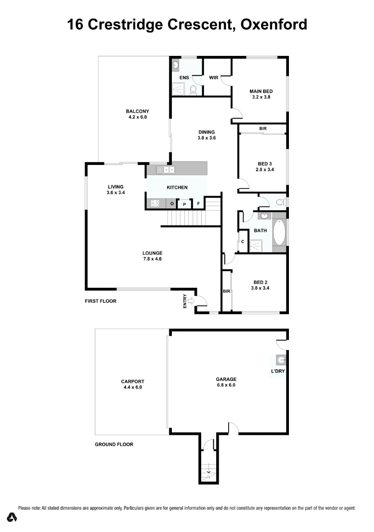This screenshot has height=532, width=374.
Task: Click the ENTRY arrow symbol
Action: (191, 301)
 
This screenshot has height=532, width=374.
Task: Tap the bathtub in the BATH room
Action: (279, 232)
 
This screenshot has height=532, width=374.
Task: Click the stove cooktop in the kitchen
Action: (155, 203)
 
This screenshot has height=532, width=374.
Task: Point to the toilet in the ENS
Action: (193, 90)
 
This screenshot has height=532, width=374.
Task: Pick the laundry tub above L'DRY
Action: (281, 360)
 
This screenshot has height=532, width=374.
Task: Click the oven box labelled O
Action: (172, 203)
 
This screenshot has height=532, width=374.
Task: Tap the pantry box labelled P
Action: (184, 204)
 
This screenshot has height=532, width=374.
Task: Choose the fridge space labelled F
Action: (198, 203)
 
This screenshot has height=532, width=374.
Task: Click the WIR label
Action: (214, 78)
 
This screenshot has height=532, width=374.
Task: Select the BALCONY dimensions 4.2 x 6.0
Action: (137, 117)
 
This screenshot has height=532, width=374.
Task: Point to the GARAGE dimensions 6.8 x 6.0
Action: (226, 385)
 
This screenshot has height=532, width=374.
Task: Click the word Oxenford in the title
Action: (274, 24)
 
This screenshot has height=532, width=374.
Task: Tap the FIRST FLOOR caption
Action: (101, 301)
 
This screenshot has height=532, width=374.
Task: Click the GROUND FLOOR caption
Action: (114, 444)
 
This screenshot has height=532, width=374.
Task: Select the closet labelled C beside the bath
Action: (243, 242)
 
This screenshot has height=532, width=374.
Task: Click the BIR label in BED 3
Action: (263, 129)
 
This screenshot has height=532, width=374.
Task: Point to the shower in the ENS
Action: (178, 89)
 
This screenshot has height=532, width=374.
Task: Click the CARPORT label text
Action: (132, 381)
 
